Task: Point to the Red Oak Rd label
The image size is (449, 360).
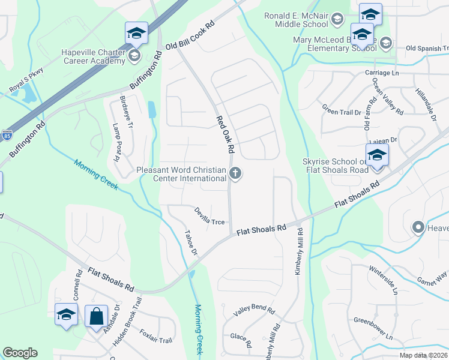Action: click(228, 133)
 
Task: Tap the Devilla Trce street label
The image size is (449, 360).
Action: click(209, 217)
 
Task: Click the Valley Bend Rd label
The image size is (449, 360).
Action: click(254, 311)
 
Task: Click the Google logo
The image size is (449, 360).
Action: click(20, 353)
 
